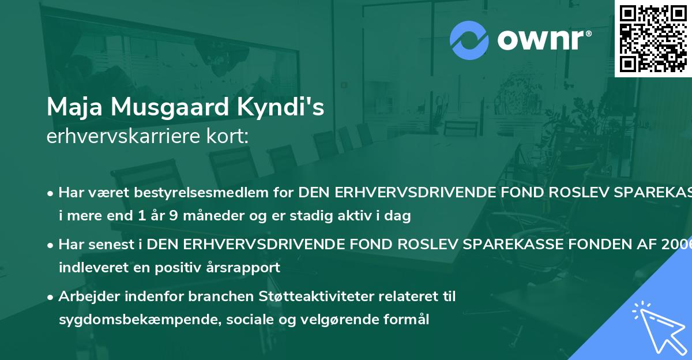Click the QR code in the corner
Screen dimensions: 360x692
(653, 38)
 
